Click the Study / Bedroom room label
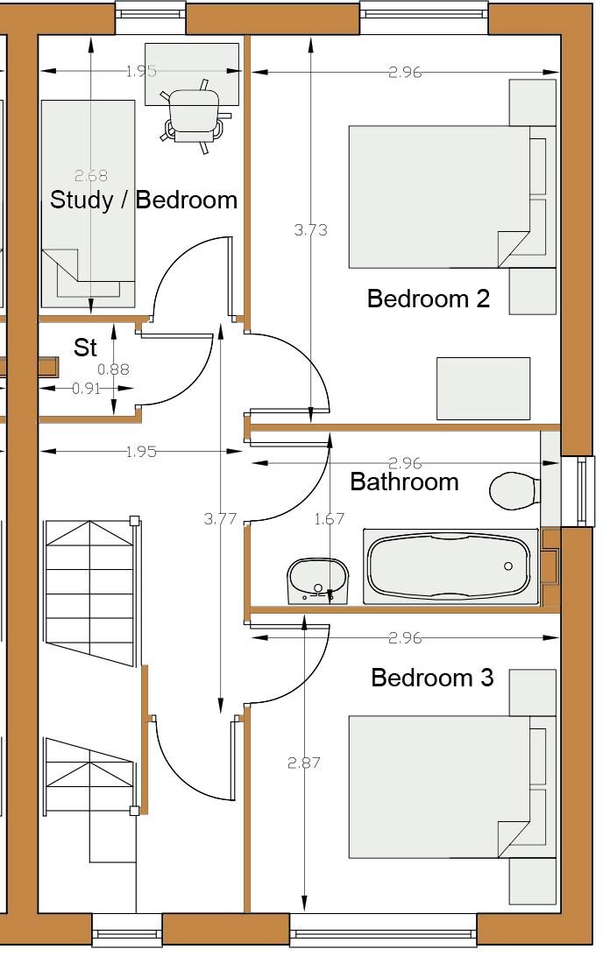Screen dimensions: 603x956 (x=144, y=200)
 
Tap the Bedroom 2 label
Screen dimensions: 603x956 (x=429, y=299)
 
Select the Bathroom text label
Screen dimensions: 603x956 (x=404, y=482)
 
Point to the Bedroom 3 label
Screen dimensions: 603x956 (x=432, y=678)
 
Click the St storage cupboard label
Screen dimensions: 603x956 (x=85, y=348)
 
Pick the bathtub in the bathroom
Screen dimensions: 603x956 (x=451, y=566)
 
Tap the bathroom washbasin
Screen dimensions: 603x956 (x=318, y=581)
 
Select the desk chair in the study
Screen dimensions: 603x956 (x=193, y=116)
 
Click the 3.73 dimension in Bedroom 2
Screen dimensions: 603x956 (x=310, y=230)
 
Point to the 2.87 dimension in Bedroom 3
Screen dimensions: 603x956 (x=304, y=763)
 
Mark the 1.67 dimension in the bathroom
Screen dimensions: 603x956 (x=330, y=519)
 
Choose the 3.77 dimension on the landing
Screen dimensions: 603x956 (x=220, y=519)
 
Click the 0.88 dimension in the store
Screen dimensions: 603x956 (x=114, y=369)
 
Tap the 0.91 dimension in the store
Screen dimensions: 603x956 (x=86, y=389)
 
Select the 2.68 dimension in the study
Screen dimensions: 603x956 (x=91, y=176)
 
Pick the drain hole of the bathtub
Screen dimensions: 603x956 (x=508, y=566)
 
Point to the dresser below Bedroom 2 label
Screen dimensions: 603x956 (x=484, y=389)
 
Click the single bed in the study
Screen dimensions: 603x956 (x=89, y=204)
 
